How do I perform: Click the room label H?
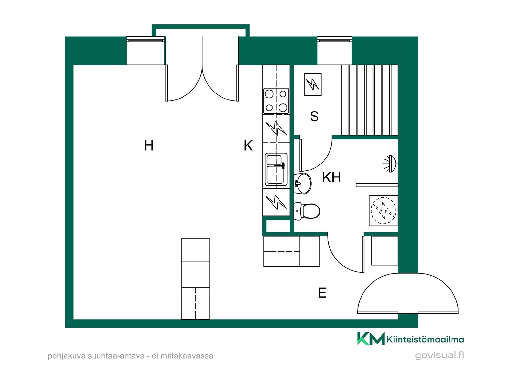[149, 146]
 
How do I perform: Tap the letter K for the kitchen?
[248, 146]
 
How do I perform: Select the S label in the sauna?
[314, 116]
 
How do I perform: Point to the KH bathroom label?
[332, 177]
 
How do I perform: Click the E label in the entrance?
[322, 293]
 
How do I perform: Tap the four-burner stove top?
[276, 101]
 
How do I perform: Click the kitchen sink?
[276, 169]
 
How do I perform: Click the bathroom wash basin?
[302, 183]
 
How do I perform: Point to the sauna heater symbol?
[313, 84]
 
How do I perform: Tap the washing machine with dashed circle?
[383, 211]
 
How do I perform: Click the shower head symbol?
[391, 164]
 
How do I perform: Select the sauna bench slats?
[370, 100]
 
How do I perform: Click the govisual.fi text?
[440, 356]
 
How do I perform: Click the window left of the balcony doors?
[146, 51]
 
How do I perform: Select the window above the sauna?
[335, 51]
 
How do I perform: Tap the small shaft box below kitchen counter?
[278, 226]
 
